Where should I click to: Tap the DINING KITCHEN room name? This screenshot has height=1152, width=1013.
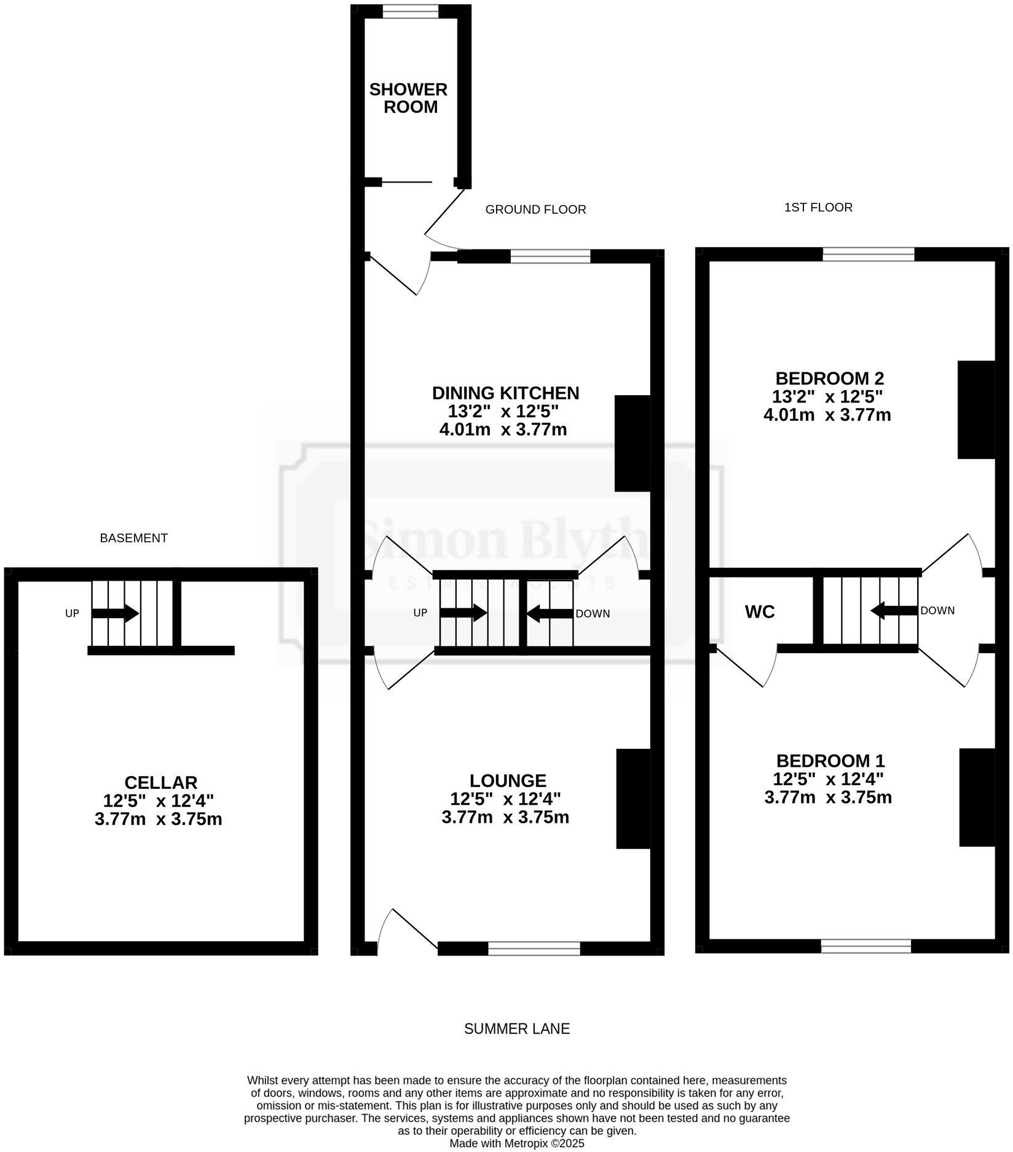click(x=505, y=393)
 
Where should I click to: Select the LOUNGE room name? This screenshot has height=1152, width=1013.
click(x=508, y=781)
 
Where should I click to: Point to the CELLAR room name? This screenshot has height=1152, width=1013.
click(x=160, y=783)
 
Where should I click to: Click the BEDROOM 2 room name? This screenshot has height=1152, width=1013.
click(x=829, y=378)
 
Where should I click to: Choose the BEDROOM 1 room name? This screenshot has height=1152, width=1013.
click(x=830, y=761)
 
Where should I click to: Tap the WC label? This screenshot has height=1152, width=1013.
click(x=760, y=612)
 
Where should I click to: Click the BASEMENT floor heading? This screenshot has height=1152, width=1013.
click(x=133, y=538)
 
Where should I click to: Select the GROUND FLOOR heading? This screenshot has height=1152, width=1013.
click(x=535, y=210)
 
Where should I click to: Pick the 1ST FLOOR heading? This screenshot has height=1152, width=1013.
click(x=818, y=208)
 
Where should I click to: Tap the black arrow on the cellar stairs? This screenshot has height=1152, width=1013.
click(x=115, y=613)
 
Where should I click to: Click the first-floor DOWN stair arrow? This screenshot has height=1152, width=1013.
click(x=894, y=611)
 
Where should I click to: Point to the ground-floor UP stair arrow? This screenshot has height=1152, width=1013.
click(x=463, y=613)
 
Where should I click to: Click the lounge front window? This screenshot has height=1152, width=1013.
click(x=534, y=949)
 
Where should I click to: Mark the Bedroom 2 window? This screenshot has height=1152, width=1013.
click(x=868, y=254)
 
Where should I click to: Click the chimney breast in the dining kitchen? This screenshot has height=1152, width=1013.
click(x=633, y=444)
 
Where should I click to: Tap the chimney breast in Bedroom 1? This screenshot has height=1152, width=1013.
click(x=977, y=797)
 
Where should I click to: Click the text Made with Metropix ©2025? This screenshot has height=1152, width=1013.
click(x=516, y=1143)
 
